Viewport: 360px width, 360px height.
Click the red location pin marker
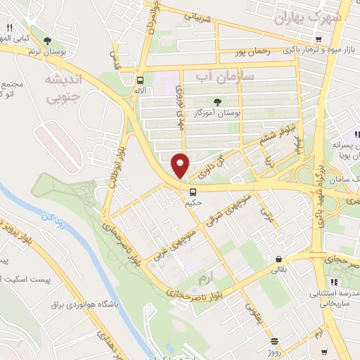pos(181,165)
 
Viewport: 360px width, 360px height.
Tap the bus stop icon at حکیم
pos(192,191)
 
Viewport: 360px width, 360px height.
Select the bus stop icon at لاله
pos(141,80)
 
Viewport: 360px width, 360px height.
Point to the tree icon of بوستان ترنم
pos(47,41)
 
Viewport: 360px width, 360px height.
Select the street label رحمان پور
pos(253,52)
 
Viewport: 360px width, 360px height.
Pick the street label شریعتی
pos(198,18)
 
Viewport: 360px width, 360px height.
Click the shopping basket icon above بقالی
pos(279,259)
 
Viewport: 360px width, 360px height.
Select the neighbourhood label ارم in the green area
pos(205,279)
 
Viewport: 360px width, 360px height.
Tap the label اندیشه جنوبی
pos(64,88)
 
